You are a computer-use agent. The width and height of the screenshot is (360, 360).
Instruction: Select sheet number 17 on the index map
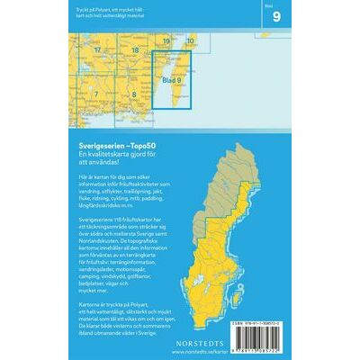point(96,50)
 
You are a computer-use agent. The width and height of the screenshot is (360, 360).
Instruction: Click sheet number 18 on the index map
point(134,50)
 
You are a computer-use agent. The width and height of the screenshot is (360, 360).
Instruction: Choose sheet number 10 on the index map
point(190,42)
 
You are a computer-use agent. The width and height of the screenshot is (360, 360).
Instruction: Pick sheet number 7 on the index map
point(94,94)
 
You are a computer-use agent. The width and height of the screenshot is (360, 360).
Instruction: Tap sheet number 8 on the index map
point(133,94)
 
